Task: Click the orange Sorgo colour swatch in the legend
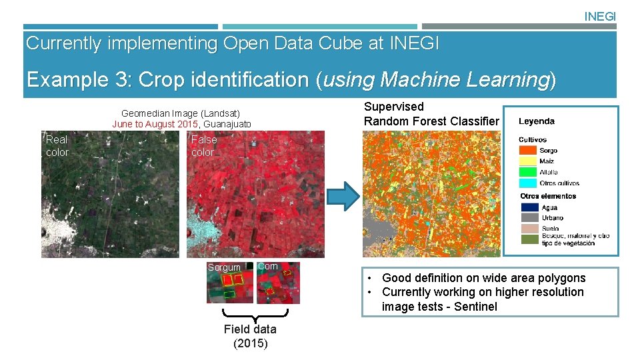(528, 151)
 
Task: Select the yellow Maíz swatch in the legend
(528, 161)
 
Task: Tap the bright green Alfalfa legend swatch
(528, 172)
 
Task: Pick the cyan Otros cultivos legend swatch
(528, 183)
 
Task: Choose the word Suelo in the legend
(550, 229)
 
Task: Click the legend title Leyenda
(537, 121)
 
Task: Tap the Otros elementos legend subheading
(548, 196)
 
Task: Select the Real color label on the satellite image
(57, 146)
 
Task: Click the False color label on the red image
(204, 146)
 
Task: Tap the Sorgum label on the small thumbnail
(224, 267)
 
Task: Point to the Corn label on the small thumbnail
(267, 266)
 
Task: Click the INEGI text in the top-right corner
(600, 16)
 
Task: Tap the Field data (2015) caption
(250, 337)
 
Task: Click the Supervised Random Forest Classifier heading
(431, 114)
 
